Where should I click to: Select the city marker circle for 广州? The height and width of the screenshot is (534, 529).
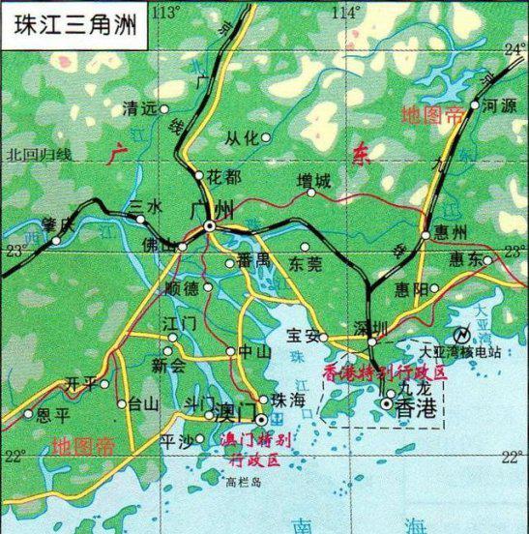[210, 226]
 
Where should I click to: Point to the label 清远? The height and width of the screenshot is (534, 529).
[140, 109]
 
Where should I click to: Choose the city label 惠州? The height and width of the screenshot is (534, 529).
[451, 233]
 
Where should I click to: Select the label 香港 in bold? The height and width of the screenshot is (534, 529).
[417, 410]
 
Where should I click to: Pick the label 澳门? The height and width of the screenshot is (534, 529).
[234, 411]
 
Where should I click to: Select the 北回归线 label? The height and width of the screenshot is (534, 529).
[38, 154]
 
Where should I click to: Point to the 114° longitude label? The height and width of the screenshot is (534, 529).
[344, 12]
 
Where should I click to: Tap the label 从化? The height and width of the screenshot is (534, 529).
[242, 137]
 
